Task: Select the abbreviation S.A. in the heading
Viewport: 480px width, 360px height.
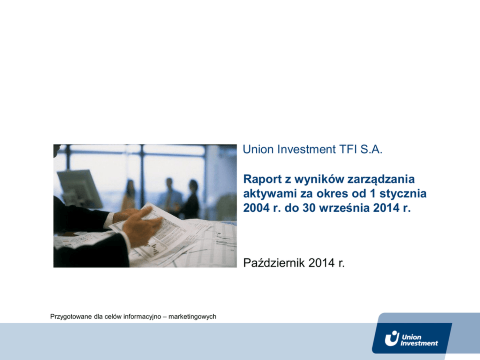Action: (x=371, y=150)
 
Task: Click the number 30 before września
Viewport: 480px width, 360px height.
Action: (x=309, y=208)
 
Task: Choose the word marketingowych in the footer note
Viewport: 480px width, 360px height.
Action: (x=192, y=316)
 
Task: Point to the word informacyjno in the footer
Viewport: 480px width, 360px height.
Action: (x=142, y=317)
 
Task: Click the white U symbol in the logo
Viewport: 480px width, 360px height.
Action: (x=392, y=339)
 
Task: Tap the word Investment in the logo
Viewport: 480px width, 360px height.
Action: (x=419, y=344)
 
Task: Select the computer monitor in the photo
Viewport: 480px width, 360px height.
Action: (x=79, y=188)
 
